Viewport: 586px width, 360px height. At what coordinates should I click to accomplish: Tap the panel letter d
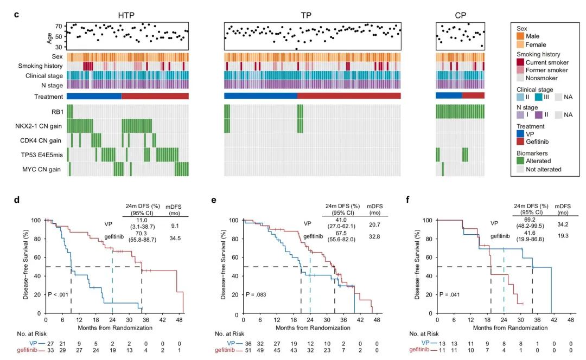pos(17,200)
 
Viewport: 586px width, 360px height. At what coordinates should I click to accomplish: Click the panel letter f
pos(410,200)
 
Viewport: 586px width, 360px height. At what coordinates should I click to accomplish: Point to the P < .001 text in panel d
pos(60,294)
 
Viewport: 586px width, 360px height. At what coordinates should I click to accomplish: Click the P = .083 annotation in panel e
pos(257,294)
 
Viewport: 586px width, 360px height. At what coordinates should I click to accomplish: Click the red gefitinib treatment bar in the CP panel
pos(473,95)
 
